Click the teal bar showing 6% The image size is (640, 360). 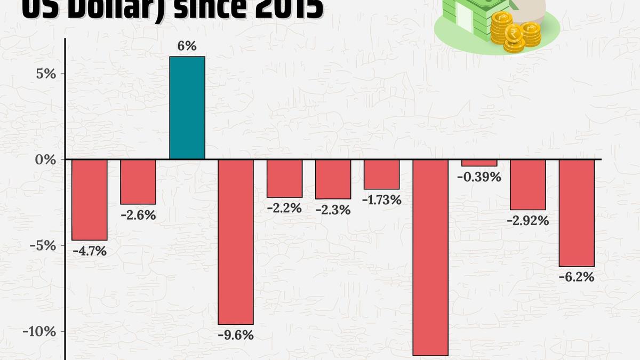coord(187,108)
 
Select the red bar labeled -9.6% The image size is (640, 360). coord(236,242)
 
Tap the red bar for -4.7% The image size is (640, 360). coord(90,200)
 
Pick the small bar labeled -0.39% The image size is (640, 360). coord(479,163)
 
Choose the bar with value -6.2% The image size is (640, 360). coord(576,213)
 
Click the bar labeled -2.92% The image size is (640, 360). coord(527,185)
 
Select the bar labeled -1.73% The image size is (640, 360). coord(381,174)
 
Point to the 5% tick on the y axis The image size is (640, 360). coord(46,74)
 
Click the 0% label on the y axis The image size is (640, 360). coord(46,159)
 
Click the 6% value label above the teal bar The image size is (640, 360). coord(187,47)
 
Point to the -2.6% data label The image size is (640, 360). coord(138,215)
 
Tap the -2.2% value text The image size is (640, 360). coord(284,208)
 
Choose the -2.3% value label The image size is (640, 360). coord(333,210)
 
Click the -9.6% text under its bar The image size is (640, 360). coord(236,335)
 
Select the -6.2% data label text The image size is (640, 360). coord(576,277)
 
